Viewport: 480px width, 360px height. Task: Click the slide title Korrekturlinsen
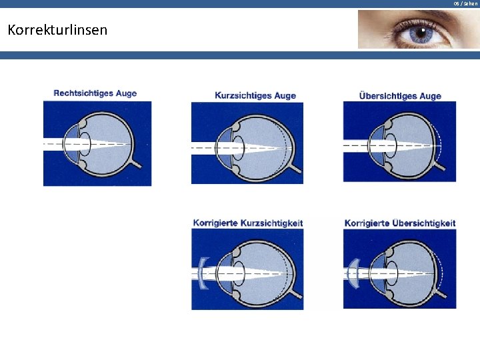[x=57, y=30]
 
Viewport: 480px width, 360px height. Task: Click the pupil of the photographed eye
[x=421, y=33]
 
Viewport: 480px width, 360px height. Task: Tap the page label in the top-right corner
[x=465, y=4]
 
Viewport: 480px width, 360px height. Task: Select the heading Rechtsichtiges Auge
[x=95, y=93]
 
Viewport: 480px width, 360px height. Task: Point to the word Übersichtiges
[x=388, y=96]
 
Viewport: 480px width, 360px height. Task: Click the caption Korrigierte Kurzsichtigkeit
[x=248, y=223]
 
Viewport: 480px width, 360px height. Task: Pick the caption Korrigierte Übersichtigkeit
[x=400, y=223]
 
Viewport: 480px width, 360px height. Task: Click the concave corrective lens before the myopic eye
[x=203, y=273]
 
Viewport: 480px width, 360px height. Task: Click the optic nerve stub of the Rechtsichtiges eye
[x=136, y=164]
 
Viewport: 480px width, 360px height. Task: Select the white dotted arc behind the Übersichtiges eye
[x=439, y=143]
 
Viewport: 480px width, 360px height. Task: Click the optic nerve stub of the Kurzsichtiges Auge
[x=295, y=168]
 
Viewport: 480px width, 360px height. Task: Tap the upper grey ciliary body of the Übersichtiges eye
[x=388, y=125]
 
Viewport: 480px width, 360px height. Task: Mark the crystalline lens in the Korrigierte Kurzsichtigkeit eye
[x=239, y=273]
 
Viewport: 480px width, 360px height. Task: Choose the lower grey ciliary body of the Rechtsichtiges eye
[x=83, y=165]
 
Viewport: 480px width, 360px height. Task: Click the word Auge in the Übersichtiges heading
[x=431, y=96]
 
